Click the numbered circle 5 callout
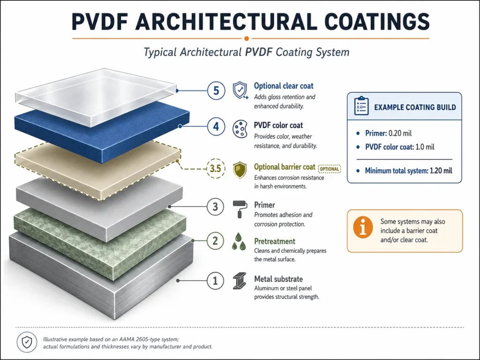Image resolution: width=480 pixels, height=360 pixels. click(216, 90)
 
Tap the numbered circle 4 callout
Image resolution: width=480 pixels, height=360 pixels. click(216, 127)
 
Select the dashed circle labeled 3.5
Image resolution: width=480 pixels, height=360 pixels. click(216, 168)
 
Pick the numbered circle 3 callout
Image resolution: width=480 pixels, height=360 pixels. click(215, 207)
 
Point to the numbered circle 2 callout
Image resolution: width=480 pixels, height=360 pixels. click(215, 240)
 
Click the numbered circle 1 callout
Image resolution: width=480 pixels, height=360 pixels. click(215, 281)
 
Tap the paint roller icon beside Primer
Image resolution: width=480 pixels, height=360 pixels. click(240, 210)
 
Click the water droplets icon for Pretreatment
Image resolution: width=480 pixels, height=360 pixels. click(239, 241)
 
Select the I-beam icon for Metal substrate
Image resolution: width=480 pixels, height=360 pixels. click(240, 281)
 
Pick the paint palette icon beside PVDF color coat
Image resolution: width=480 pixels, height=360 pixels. click(240, 129)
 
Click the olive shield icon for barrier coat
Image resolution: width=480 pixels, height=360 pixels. click(240, 170)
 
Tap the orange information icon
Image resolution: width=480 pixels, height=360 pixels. click(363, 228)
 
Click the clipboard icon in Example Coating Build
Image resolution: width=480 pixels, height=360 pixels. click(361, 106)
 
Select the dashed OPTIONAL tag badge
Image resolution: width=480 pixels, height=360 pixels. click(330, 169)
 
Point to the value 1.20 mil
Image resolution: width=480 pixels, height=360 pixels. click(441, 171)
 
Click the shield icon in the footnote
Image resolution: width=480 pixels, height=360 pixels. click(27, 342)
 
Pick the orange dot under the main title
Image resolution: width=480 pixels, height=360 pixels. click(247, 38)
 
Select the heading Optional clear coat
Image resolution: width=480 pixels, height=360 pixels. click(284, 86)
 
